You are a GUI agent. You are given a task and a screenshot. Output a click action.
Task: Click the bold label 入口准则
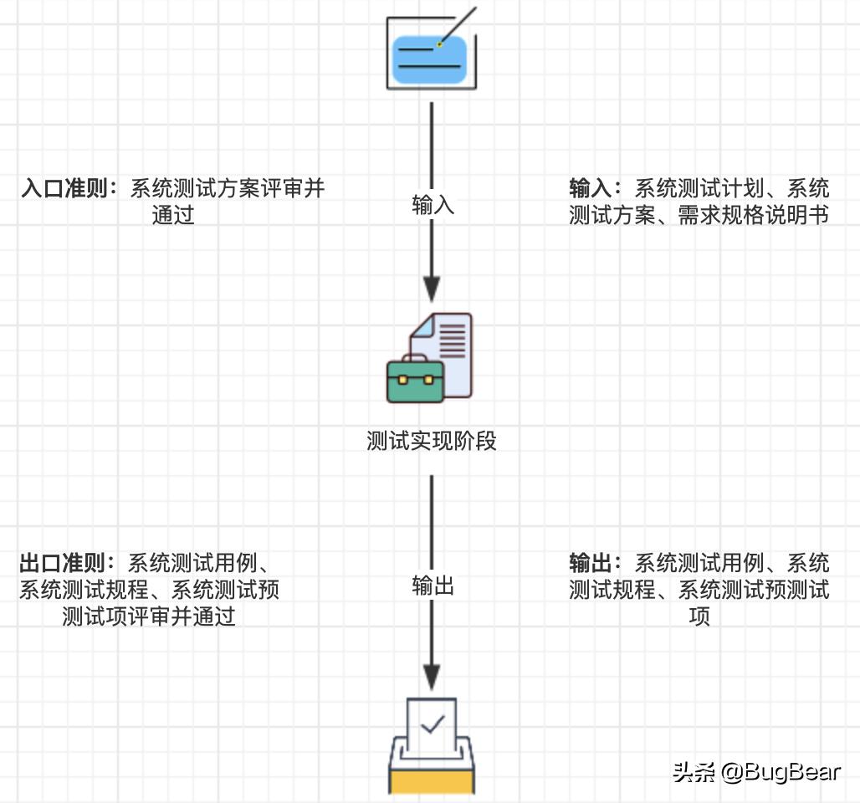(x=69, y=188)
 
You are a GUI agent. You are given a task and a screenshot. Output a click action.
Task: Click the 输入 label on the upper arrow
(x=433, y=206)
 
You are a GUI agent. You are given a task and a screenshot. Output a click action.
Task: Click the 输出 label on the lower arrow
(x=433, y=586)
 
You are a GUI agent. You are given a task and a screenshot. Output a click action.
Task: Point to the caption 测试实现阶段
(x=432, y=441)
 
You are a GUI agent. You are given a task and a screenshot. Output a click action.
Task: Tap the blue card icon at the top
(x=431, y=59)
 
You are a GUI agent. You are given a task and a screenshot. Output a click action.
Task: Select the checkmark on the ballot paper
(x=432, y=724)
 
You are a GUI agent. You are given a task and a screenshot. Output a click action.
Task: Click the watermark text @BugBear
(x=781, y=771)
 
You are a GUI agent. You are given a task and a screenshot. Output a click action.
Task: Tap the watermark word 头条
(x=694, y=771)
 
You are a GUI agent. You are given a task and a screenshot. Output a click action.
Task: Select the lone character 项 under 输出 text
(x=699, y=617)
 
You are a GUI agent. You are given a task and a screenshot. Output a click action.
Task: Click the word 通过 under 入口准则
(x=173, y=216)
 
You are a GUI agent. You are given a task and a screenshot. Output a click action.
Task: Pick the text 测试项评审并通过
(x=149, y=617)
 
